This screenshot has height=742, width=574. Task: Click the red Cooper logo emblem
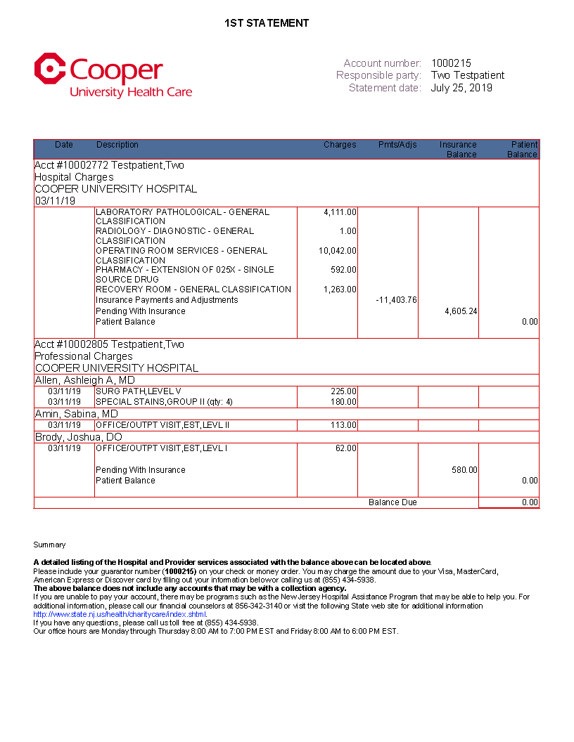(49, 68)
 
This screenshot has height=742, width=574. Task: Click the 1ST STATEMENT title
(267, 23)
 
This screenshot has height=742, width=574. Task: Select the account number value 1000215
(451, 63)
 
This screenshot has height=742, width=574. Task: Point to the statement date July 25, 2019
(461, 88)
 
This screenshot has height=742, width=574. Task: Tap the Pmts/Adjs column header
(397, 145)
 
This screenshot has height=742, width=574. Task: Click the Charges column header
(340, 145)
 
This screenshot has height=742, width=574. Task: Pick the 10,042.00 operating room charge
(338, 251)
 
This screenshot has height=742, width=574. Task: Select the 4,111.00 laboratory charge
(340, 212)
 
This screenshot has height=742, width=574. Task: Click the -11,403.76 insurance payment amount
(396, 300)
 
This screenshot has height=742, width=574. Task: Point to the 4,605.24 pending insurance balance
(461, 311)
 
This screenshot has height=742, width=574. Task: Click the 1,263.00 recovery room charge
(340, 289)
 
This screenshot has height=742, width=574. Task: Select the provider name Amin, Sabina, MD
(77, 415)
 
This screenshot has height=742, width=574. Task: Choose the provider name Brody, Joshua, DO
(78, 437)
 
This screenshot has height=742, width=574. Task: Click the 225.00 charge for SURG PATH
(344, 391)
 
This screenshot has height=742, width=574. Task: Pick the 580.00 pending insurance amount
(464, 470)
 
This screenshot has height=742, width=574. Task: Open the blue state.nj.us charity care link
(120, 614)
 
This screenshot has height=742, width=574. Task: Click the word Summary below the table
(49, 545)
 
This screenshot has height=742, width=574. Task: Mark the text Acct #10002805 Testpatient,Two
(109, 344)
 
